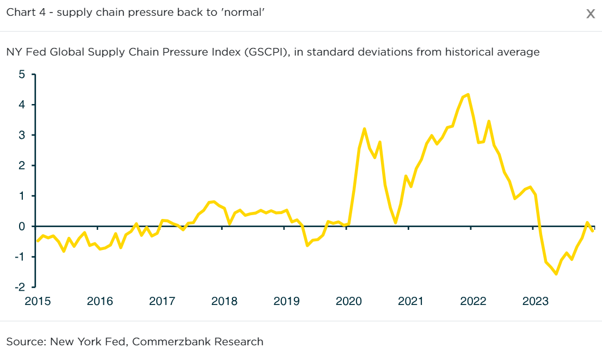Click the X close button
590,14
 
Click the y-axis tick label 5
22,74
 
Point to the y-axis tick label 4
22,105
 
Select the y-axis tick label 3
22,135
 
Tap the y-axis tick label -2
20,287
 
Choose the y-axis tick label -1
20,257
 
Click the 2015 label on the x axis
38,301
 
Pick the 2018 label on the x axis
224,301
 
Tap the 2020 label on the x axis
348,301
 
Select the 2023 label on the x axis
535,301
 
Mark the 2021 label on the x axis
410,301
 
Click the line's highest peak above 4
468,94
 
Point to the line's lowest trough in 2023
556,273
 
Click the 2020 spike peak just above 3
364,129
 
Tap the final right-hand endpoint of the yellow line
593,231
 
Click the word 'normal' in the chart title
246,12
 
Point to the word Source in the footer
24,342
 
